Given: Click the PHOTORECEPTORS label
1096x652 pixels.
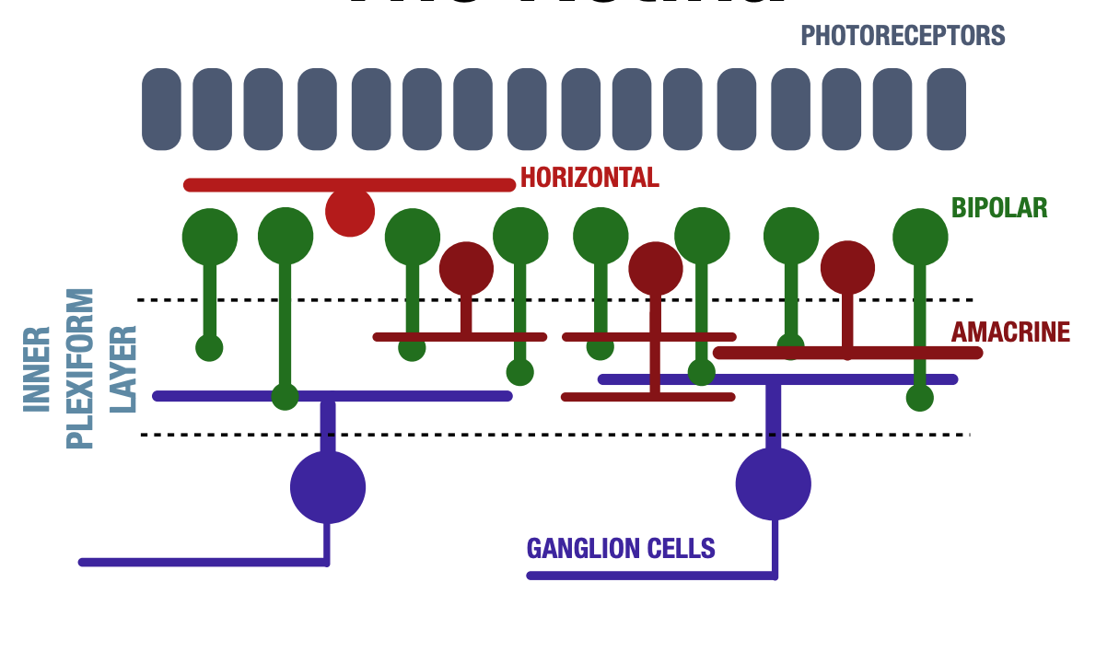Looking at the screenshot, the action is [x=903, y=36].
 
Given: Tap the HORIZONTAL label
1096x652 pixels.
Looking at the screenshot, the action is [x=589, y=178].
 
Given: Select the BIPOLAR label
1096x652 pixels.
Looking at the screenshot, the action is [x=999, y=208].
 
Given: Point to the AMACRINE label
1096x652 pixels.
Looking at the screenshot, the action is [x=1010, y=332].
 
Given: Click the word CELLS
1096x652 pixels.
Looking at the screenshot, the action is [x=682, y=549].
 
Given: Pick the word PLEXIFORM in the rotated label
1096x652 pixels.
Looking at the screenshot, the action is [x=81, y=368].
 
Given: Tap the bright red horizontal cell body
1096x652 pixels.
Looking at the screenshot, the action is [x=350, y=212].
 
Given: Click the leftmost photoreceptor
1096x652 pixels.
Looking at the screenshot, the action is [x=161, y=109].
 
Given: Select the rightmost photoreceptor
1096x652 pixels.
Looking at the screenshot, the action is [x=946, y=109].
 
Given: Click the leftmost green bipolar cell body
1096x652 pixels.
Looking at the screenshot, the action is [x=210, y=236].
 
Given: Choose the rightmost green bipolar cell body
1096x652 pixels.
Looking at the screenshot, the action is [x=920, y=236].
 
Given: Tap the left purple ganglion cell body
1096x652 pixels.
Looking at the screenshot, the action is [x=328, y=487].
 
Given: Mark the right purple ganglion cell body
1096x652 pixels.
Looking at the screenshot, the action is [x=774, y=484].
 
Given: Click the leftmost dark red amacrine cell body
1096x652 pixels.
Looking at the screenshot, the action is [x=466, y=269].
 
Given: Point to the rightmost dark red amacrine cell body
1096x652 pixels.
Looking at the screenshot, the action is [x=847, y=268].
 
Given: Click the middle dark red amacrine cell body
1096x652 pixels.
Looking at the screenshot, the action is [x=656, y=269].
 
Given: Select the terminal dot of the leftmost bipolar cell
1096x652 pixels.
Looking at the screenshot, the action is [x=210, y=348].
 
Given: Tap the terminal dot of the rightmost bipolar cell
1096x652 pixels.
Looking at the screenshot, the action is [x=919, y=398].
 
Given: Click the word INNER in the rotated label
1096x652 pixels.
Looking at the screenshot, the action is [x=37, y=368].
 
